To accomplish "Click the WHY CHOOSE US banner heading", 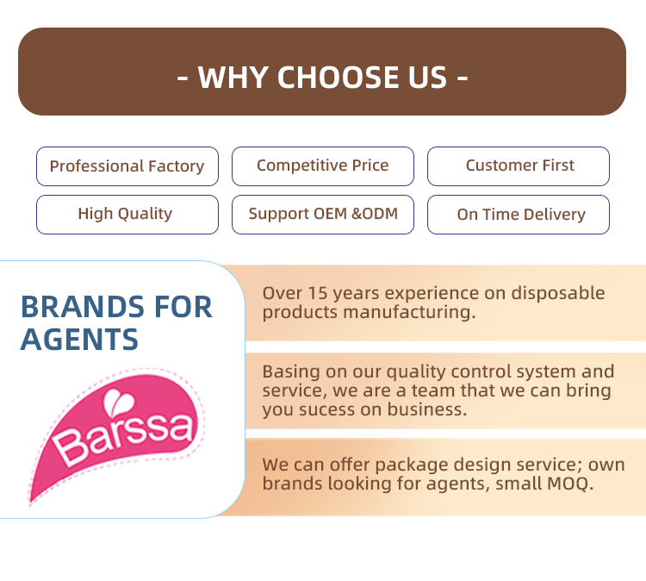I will click(x=322, y=77).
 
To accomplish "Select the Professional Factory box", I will click(x=127, y=166).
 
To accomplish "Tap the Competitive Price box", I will click(x=322, y=166).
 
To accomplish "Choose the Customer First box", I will click(x=519, y=166).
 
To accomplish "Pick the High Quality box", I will click(x=126, y=214).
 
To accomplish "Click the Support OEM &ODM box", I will click(x=322, y=214).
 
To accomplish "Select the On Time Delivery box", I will click(x=520, y=215).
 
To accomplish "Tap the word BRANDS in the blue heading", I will click(x=80, y=307).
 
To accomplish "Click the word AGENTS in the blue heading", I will click(x=79, y=340).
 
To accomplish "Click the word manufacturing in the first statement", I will click(x=408, y=312).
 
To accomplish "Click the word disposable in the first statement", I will click(x=558, y=293).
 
